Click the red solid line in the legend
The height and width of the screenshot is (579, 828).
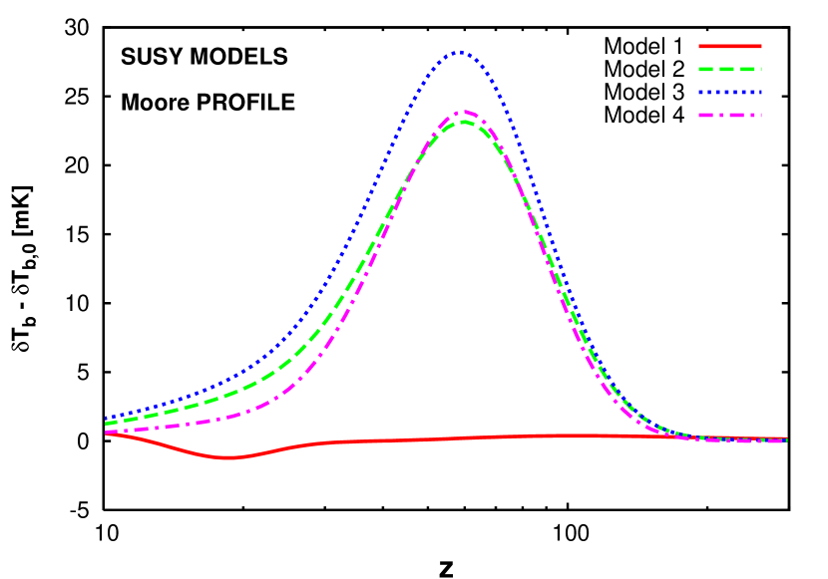[x=729, y=46]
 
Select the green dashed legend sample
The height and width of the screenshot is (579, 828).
[x=729, y=69]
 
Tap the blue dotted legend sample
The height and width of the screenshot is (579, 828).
[x=729, y=92]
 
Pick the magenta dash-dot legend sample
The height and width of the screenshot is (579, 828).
[x=729, y=115]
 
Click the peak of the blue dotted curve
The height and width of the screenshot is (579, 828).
[x=458, y=52]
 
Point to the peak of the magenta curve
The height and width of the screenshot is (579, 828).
[x=464, y=112]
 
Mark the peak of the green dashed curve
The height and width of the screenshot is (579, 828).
[x=464, y=122]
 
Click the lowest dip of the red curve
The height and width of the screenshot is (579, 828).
[x=227, y=457]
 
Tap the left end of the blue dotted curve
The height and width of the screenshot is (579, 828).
[x=106, y=418]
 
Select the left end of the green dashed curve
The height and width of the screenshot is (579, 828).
[x=106, y=424]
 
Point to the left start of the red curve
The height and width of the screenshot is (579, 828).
[x=106, y=433]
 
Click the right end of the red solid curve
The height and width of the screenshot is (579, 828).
[x=786, y=438]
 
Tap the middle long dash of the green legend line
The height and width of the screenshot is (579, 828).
[x=730, y=69]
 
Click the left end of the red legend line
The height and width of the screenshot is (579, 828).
[x=699, y=46]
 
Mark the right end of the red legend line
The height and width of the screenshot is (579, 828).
[x=760, y=46]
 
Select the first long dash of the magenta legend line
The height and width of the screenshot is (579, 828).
[x=707, y=115]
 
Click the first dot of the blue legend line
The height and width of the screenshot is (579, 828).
[x=701, y=92]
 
